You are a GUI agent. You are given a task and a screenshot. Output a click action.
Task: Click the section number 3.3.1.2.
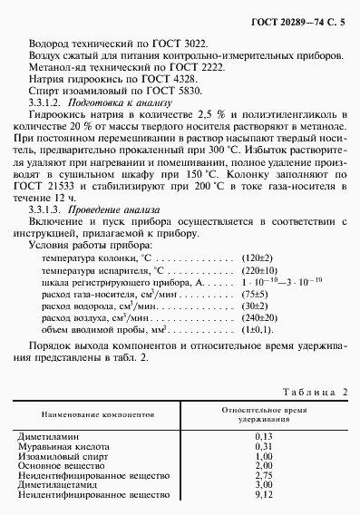[46, 107]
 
